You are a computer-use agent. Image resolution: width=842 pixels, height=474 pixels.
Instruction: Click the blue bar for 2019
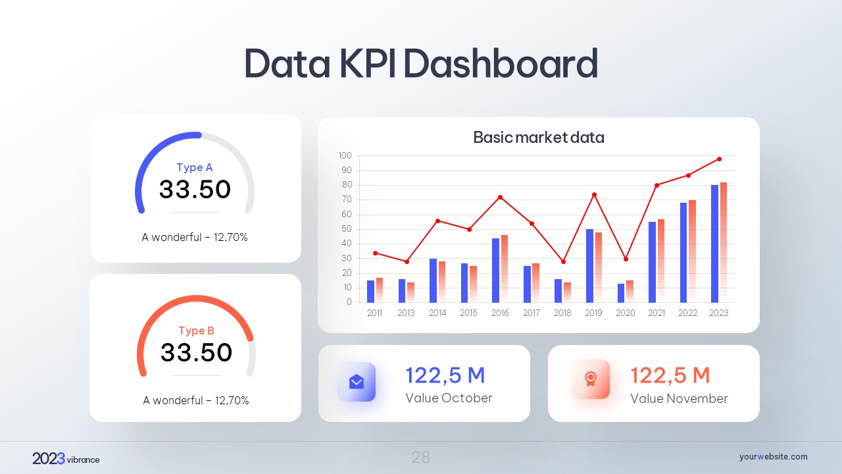[589, 266]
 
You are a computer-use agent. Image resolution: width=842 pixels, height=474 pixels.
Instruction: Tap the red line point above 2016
[501, 197]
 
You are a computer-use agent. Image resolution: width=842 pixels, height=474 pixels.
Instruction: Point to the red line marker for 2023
[719, 159]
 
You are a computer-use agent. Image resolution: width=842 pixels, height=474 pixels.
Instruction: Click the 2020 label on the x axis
[625, 313]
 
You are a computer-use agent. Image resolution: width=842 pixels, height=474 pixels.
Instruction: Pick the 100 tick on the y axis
[345, 156]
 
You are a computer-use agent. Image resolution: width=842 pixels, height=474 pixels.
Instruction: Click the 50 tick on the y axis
[347, 229]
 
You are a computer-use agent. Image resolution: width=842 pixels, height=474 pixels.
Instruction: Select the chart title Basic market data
[538, 138]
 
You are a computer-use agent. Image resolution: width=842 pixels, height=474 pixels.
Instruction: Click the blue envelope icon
[357, 382]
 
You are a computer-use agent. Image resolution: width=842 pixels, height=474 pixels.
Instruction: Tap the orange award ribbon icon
[591, 379]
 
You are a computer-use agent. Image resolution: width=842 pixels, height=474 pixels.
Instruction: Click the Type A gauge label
[195, 168]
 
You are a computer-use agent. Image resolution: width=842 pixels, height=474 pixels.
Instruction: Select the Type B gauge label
[196, 331]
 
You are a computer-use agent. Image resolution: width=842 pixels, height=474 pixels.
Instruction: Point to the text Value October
[449, 398]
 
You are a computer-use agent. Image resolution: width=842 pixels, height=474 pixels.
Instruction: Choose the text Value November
[679, 399]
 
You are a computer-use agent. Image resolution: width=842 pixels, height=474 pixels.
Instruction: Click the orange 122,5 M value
[670, 375]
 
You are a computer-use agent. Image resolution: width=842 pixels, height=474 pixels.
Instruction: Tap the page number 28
[421, 458]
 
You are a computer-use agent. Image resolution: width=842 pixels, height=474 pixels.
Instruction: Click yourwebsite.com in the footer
[773, 457]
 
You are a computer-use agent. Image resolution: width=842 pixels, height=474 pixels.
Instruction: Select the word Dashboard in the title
[500, 64]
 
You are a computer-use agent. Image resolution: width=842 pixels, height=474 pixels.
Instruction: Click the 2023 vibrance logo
[66, 459]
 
